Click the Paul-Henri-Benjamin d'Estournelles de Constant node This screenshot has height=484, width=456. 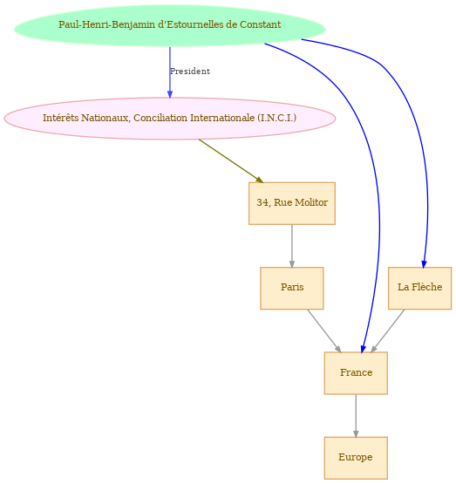pos(170,25)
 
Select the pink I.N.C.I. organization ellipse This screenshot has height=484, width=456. pos(170,119)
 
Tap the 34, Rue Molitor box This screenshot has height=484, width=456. pos(292,203)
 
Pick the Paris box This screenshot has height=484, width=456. pos(292,288)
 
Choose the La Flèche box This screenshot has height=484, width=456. pos(419,288)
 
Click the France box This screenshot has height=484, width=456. pos(356,373)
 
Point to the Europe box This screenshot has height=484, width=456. pos(356,458)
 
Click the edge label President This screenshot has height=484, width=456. pos(190,72)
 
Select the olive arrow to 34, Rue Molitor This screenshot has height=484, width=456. pos(231,161)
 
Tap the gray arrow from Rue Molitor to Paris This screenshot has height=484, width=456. pos(292,246)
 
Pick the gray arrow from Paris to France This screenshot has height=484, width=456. pos(324,331)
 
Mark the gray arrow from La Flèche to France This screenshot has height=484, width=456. pos(387,331)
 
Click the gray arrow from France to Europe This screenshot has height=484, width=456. pos(356,416)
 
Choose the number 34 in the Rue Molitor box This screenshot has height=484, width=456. pos(262,202)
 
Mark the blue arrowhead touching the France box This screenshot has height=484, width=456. pos(364,349)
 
